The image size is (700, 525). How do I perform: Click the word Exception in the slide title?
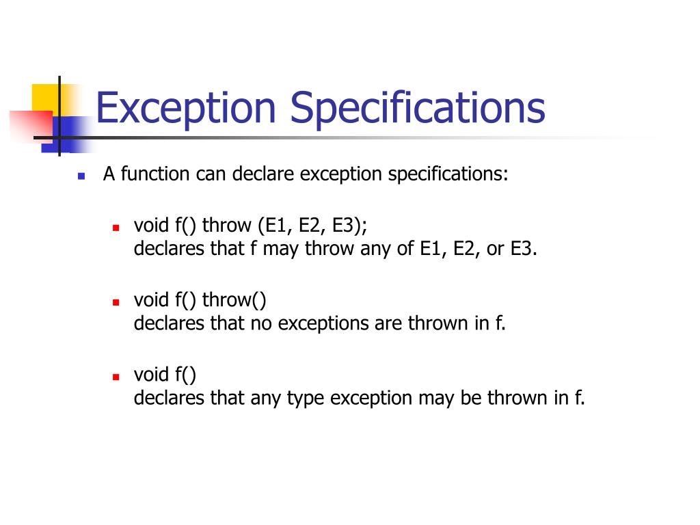185,109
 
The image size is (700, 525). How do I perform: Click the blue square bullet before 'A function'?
81,176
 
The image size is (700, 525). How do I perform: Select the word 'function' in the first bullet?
155,174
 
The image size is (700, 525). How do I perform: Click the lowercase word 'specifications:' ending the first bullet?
448,174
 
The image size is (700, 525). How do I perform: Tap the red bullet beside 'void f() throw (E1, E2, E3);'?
116,226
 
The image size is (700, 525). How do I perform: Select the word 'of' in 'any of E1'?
405,249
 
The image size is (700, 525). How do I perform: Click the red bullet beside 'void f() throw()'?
116,301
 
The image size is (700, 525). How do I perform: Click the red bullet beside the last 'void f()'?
116,376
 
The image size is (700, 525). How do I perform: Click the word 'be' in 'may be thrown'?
471,399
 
